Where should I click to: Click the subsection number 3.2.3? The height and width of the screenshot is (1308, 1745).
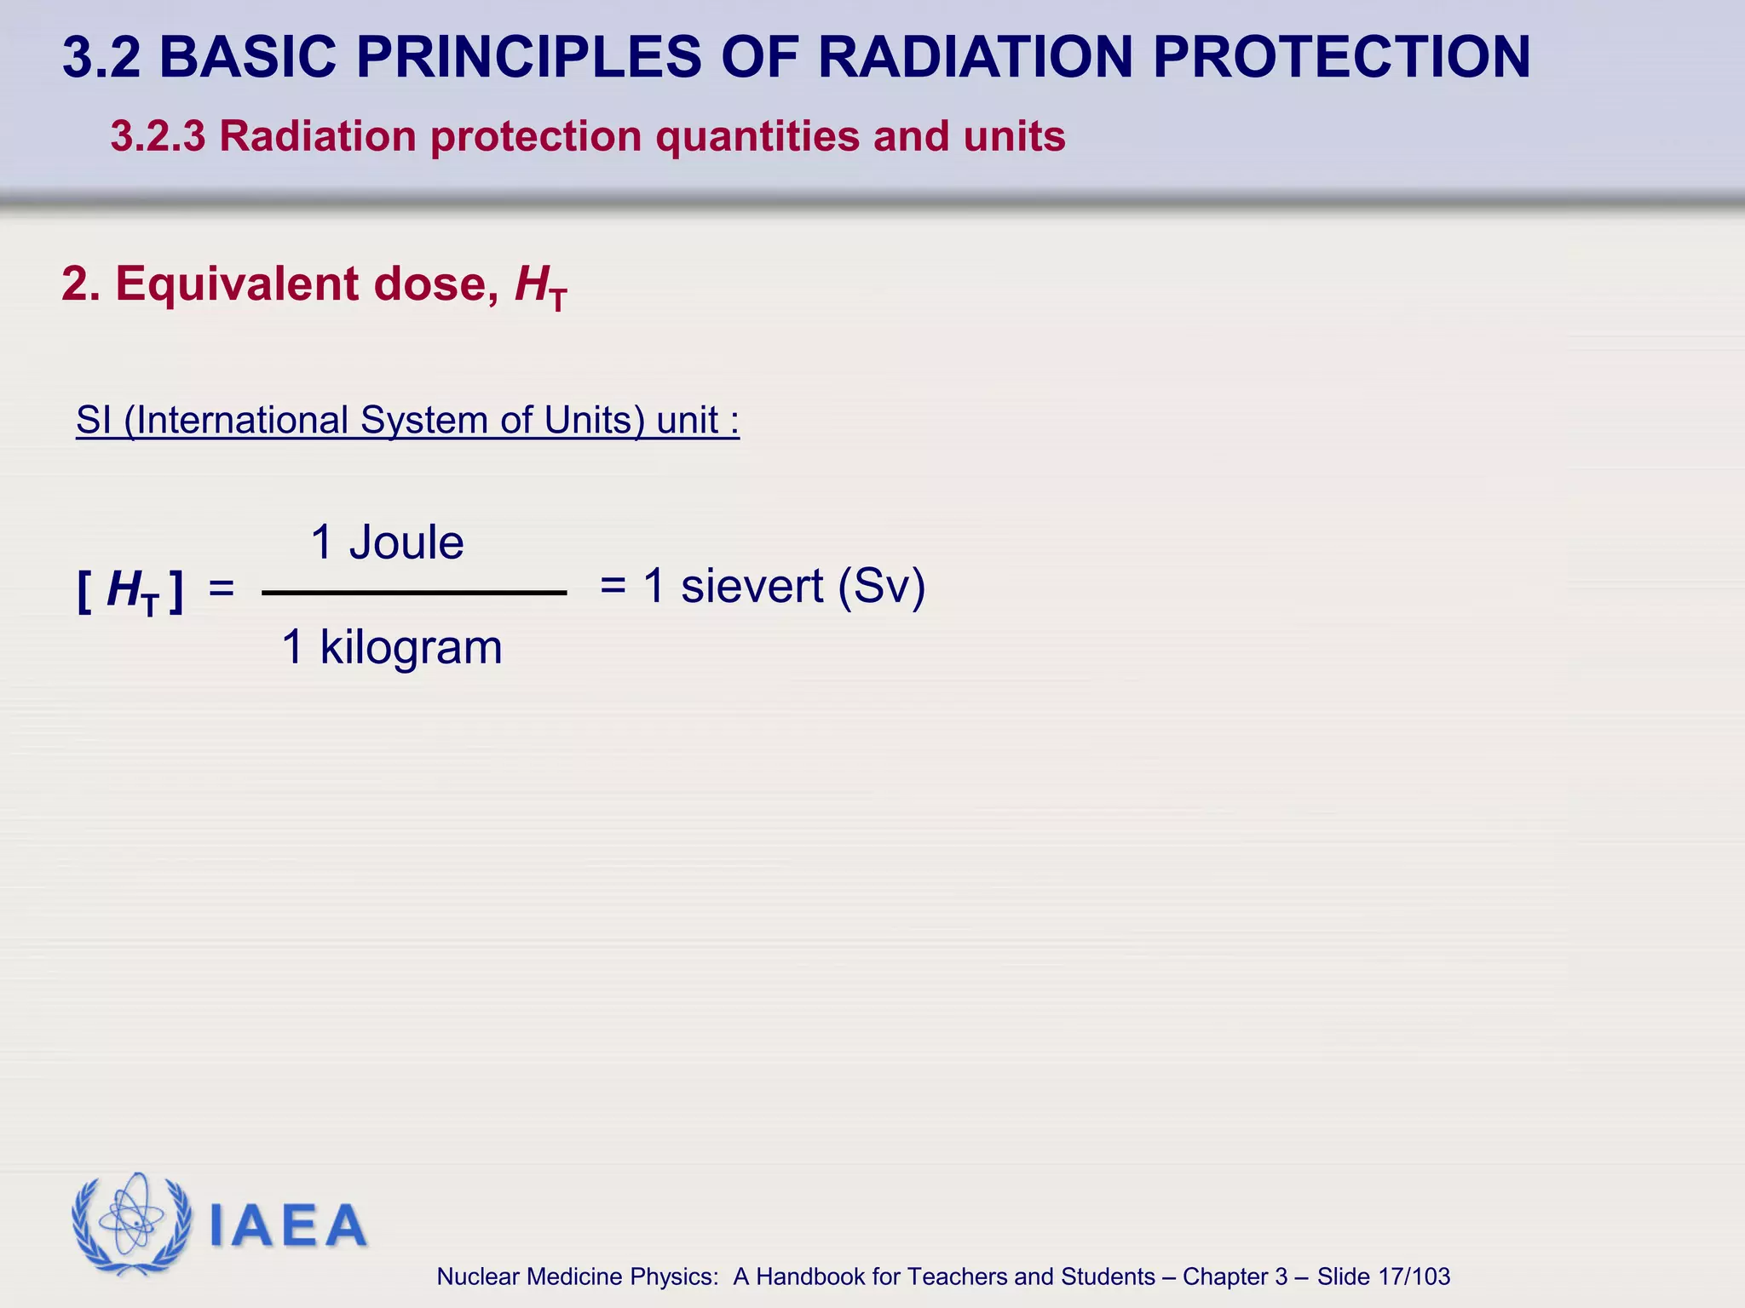pos(158,136)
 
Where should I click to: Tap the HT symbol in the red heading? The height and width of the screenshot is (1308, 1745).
pos(540,286)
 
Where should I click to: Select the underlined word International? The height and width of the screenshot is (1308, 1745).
pos(243,420)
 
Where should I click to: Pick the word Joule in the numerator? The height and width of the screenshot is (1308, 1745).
pos(406,542)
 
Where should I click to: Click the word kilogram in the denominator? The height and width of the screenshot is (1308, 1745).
pos(411,647)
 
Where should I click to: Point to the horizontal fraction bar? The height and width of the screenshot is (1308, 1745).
pos(414,593)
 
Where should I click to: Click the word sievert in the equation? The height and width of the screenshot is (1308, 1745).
pos(752,586)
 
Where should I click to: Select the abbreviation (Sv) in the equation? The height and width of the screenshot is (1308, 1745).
pos(881,586)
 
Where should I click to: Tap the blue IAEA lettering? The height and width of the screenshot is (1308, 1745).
pos(287,1225)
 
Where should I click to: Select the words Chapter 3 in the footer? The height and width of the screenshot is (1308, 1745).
pos(1235,1276)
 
